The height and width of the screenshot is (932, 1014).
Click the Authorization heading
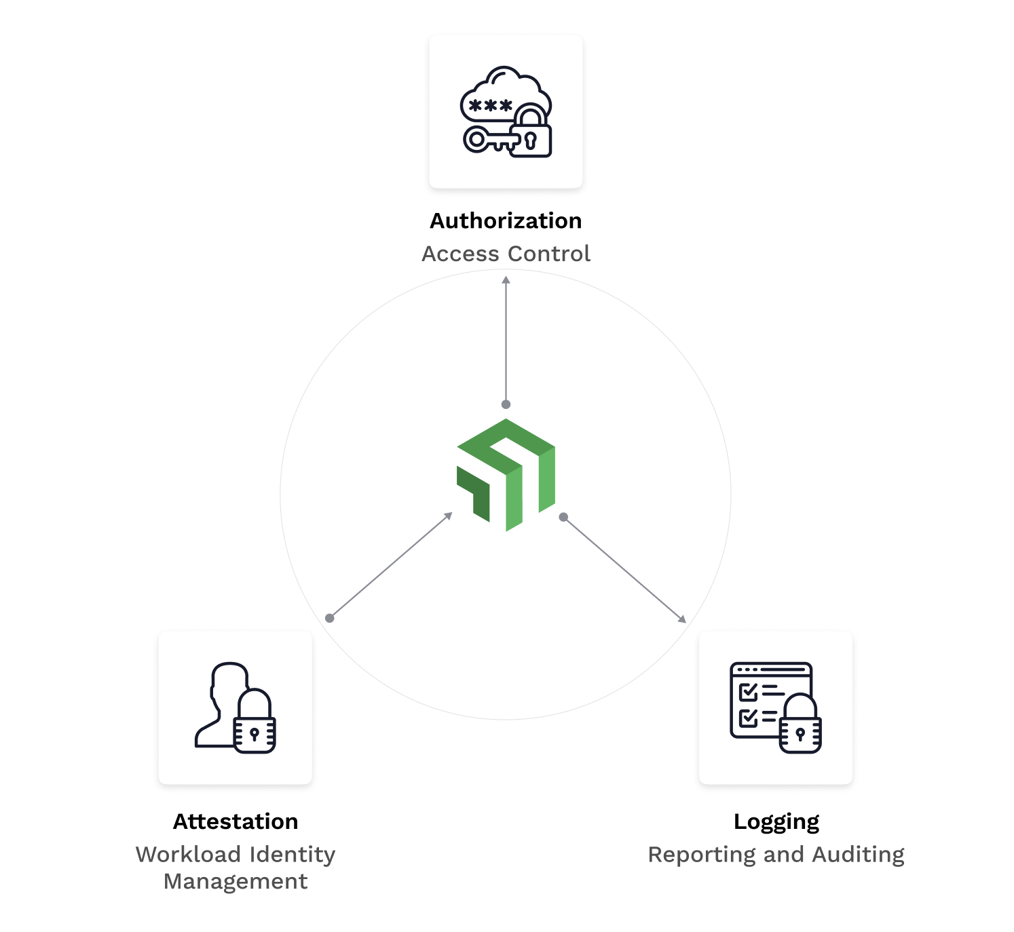(x=506, y=221)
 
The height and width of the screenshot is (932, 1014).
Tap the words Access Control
(x=506, y=254)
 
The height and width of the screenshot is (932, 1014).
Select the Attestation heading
(x=236, y=821)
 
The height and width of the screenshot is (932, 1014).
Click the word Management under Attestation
(x=236, y=881)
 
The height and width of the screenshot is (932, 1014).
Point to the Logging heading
(x=776, y=821)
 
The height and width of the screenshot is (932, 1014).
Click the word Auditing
(x=858, y=855)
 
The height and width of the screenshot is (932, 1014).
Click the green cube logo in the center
(x=506, y=475)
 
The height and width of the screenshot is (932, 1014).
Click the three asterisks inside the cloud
(x=491, y=106)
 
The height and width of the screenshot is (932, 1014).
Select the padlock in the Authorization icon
(x=531, y=136)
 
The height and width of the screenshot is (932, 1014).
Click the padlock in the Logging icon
(x=800, y=729)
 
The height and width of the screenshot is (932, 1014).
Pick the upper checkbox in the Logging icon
(x=748, y=692)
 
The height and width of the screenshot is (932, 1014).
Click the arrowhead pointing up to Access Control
(x=506, y=279)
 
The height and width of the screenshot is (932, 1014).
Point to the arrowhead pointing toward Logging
(x=682, y=619)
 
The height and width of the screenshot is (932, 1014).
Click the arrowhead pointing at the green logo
(x=449, y=516)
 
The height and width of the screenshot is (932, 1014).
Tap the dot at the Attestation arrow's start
(x=330, y=618)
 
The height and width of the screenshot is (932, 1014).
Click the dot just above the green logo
(x=506, y=404)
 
